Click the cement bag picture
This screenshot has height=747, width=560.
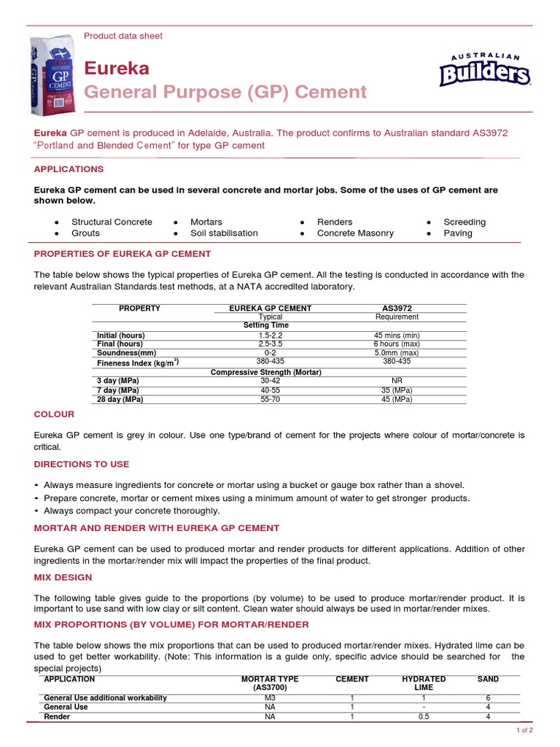(50, 75)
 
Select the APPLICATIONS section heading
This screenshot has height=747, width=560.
(69, 169)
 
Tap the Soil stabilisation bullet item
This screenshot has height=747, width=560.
(224, 233)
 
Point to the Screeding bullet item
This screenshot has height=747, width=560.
(464, 222)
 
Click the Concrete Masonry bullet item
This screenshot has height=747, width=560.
(355, 233)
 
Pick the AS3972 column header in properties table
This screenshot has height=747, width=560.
(397, 309)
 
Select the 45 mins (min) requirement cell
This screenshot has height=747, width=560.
(397, 336)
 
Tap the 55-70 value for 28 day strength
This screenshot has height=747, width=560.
(270, 400)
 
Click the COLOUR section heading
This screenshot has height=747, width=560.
(54, 414)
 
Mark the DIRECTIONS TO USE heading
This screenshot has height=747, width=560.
(82, 464)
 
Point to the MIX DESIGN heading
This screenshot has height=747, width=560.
(63, 577)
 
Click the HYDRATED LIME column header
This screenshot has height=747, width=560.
(424, 684)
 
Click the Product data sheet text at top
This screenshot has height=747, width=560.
(123, 36)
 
